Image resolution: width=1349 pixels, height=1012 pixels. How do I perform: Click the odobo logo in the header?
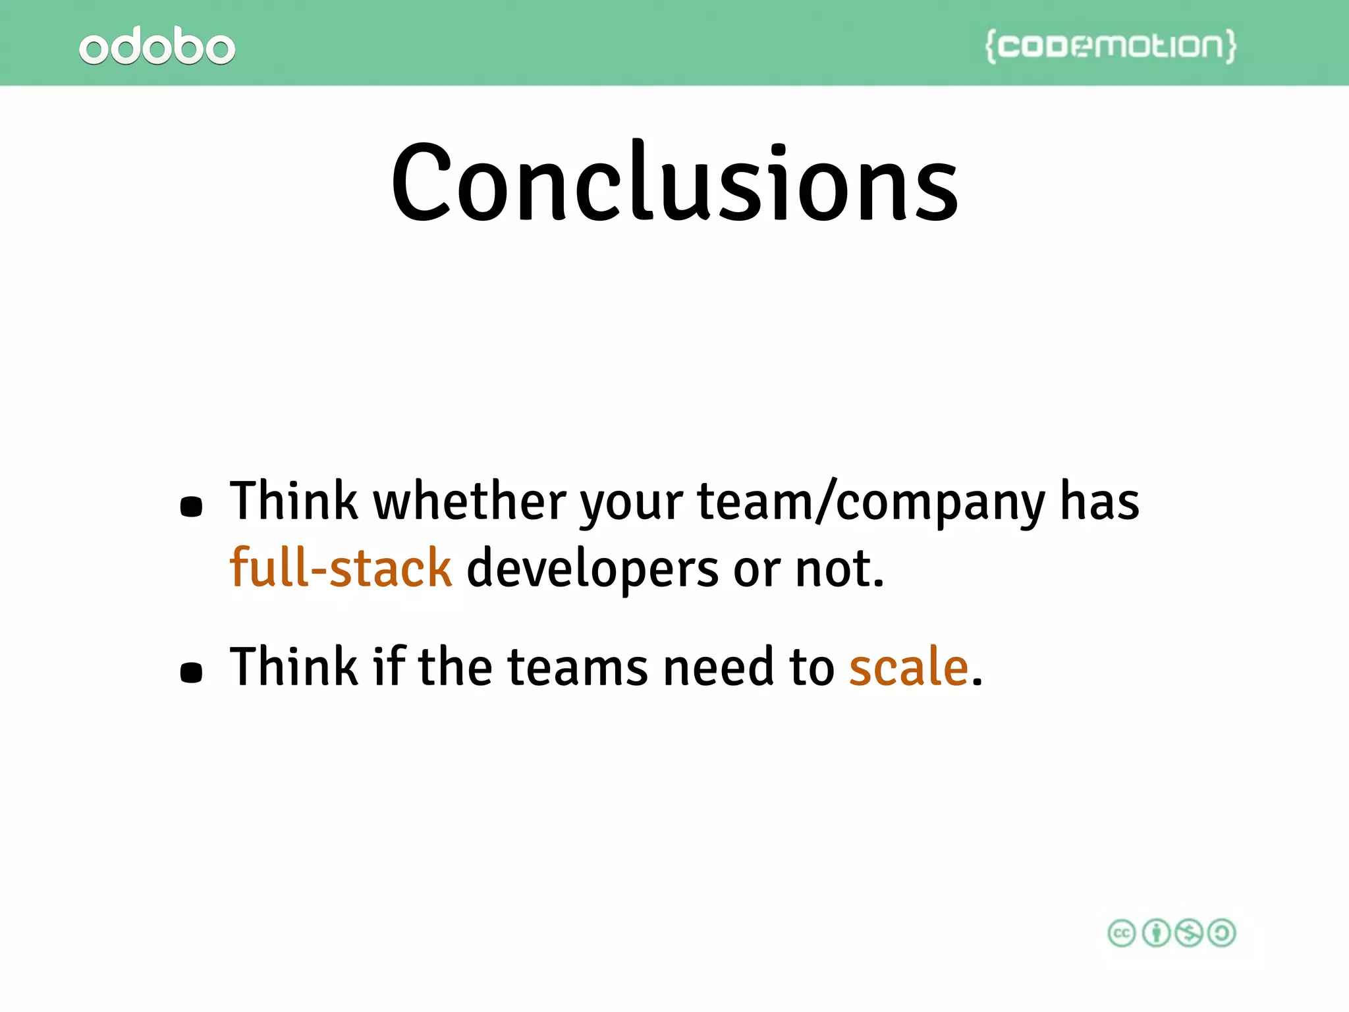[x=157, y=46]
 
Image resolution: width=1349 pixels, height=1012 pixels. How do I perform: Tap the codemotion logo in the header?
[x=1111, y=46]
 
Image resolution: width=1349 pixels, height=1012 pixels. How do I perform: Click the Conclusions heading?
[x=674, y=183]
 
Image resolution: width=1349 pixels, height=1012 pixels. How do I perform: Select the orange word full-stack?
[x=341, y=567]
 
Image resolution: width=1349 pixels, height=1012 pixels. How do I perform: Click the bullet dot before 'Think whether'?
[x=191, y=507]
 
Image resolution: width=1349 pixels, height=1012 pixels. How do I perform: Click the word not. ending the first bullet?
[x=839, y=569]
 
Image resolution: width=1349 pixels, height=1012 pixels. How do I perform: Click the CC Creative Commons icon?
[x=1122, y=933]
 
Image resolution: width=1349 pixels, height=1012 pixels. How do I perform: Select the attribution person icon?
[x=1155, y=933]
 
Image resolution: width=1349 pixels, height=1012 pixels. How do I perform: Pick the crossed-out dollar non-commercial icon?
[x=1189, y=933]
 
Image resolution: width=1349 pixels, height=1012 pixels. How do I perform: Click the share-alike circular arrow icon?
[x=1223, y=933]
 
